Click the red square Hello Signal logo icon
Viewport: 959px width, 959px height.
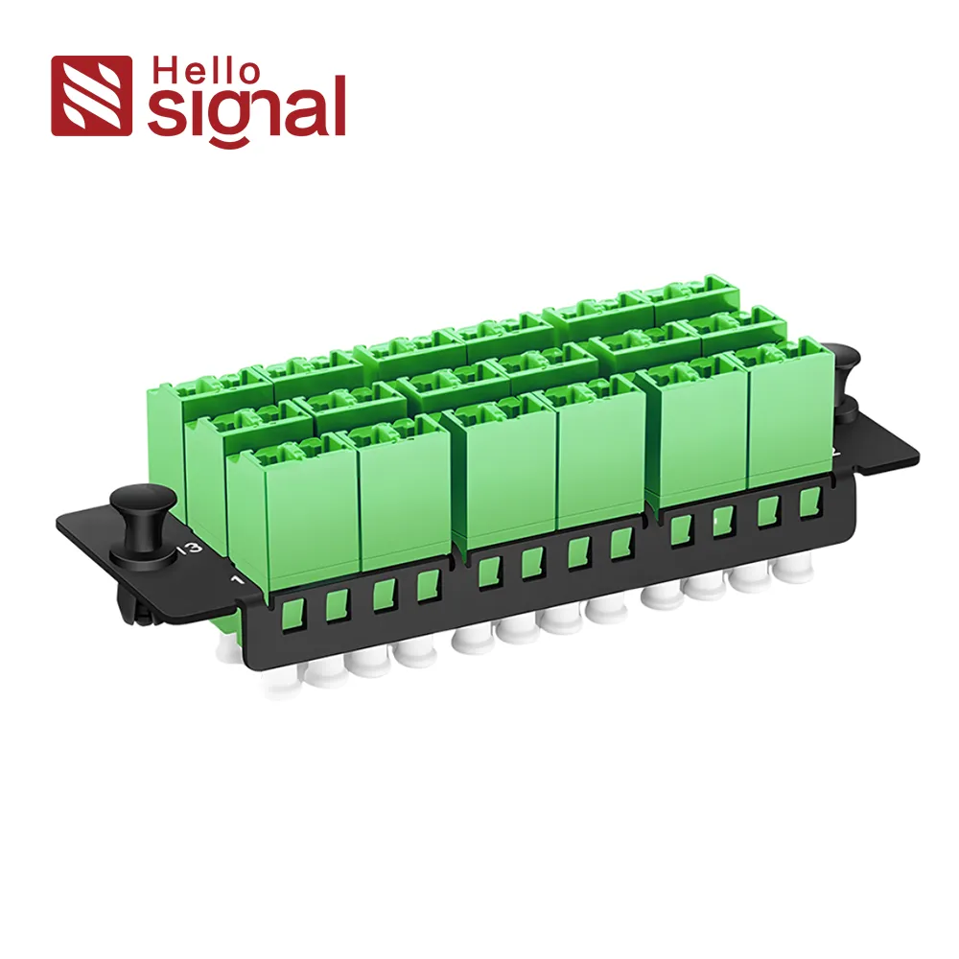coord(91,95)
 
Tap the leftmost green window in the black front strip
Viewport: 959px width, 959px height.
coord(293,614)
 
